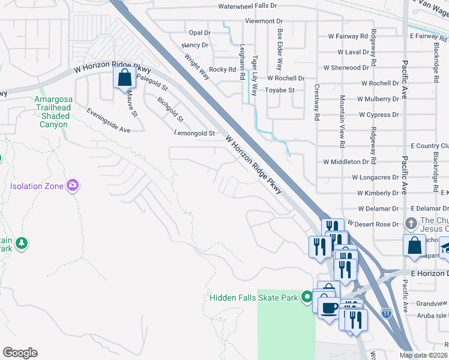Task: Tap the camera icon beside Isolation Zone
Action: click(73, 185)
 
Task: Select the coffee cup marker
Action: click(328, 308)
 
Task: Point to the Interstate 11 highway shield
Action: click(385, 313)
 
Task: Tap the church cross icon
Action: click(411, 223)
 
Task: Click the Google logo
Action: click(20, 352)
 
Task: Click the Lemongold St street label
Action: click(194, 133)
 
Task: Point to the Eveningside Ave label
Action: click(109, 121)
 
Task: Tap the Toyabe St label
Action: click(280, 91)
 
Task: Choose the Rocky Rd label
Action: click(223, 70)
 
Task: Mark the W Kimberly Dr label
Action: click(378, 193)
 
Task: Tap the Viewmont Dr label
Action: click(263, 21)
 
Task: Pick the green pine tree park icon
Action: click(22, 243)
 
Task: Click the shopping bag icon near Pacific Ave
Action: click(414, 245)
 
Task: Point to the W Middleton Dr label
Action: click(345, 162)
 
